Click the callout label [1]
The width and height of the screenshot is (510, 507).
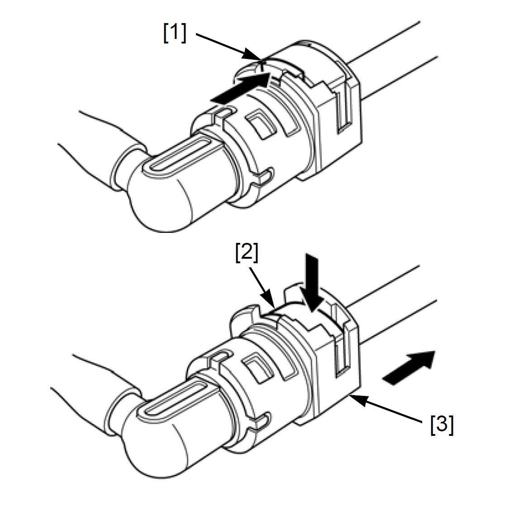click(x=175, y=33)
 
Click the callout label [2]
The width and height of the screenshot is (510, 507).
click(x=247, y=253)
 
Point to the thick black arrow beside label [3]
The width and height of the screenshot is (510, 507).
click(x=409, y=367)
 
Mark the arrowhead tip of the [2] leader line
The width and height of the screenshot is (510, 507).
click(x=276, y=307)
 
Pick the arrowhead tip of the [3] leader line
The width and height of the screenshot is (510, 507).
click(x=351, y=395)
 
